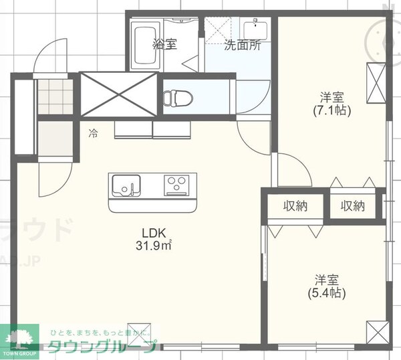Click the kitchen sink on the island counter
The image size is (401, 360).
124,185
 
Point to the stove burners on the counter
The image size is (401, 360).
178,185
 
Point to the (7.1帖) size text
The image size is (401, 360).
332,108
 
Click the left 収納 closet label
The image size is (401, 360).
295,206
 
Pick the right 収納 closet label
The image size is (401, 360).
352,206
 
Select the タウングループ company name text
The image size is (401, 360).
100,346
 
